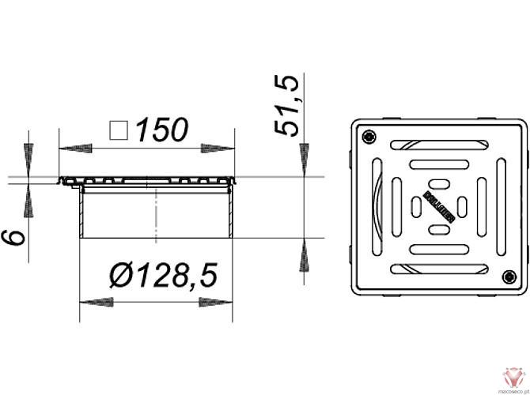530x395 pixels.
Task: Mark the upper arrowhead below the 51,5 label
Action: point(305,158)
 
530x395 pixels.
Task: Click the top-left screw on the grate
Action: point(369,139)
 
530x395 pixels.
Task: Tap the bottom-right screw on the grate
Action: point(508,276)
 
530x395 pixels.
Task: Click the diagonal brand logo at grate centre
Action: point(438,208)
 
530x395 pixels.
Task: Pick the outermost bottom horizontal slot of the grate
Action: point(437,270)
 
